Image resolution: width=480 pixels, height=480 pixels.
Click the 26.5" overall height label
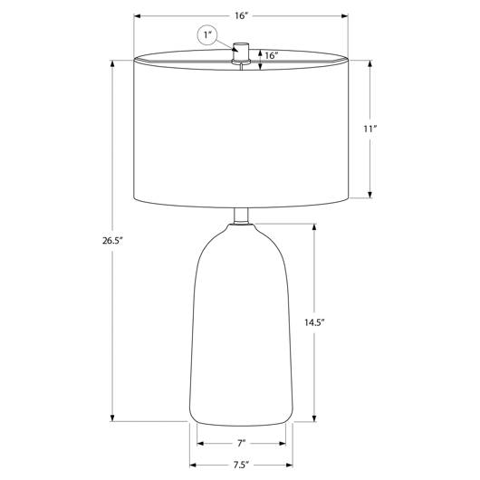coord(112,241)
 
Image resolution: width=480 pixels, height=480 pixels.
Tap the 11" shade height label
coord(370,129)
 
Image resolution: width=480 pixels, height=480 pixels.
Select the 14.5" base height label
coord(314,322)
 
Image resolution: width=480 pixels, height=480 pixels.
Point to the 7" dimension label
coord(241,443)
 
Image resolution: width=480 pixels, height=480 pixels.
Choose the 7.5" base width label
coord(241,465)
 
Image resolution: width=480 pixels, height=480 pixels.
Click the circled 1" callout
coord(208,35)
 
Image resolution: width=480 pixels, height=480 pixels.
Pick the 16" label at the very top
coord(241,16)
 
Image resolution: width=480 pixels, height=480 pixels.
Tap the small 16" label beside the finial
coord(272,56)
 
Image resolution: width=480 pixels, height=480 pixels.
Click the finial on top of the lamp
coord(241,53)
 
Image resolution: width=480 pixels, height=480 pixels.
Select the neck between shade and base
coord(241,216)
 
